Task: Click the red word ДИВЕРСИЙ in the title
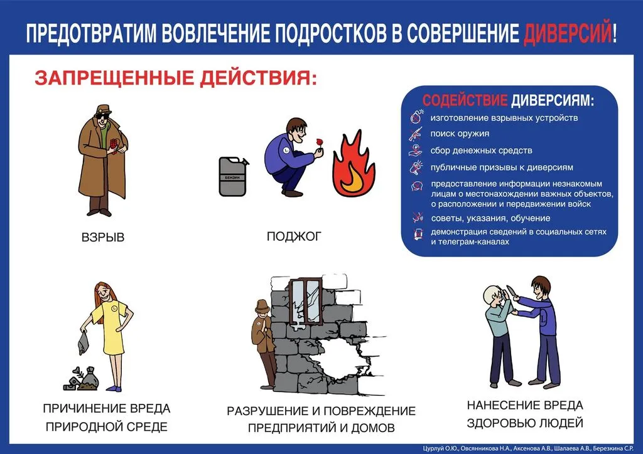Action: point(567,33)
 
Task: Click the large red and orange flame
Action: point(354,164)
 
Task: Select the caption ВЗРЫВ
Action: point(103,238)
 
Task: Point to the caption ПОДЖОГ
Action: point(294,236)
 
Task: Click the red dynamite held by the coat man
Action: point(114,145)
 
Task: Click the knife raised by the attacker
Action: point(511,293)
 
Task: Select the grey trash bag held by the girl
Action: point(84,343)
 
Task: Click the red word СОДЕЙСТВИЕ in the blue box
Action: point(465,100)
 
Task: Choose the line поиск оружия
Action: point(460,134)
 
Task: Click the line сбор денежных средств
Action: point(482,150)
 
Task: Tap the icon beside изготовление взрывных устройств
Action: point(416,117)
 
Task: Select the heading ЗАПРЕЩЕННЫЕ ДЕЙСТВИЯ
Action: point(176,78)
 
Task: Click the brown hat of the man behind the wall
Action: point(261,305)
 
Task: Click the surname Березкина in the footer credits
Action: point(608,449)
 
